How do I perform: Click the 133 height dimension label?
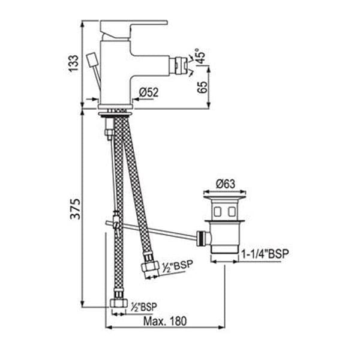point(74,64)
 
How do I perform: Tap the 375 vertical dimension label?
point(76,209)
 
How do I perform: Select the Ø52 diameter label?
point(149,92)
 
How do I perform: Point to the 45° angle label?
point(200,56)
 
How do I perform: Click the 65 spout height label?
point(202,87)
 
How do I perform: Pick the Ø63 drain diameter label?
point(226,184)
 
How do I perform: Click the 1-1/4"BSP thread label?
point(265,254)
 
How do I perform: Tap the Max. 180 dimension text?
point(165,321)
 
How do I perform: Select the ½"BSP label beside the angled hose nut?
point(177,266)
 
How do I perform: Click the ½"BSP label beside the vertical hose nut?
point(144,307)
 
